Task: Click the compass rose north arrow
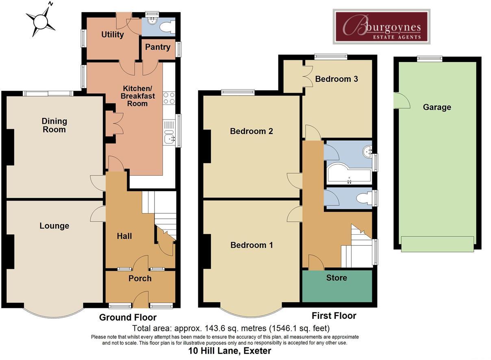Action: click(x=41, y=20)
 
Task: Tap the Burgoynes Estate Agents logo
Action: click(x=381, y=26)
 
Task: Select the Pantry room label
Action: click(x=158, y=47)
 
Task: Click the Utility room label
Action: click(x=112, y=35)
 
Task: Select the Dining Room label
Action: click(x=54, y=125)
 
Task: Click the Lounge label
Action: click(x=54, y=226)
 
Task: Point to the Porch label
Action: click(x=140, y=279)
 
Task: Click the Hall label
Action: click(x=124, y=236)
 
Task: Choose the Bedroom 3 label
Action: click(x=336, y=79)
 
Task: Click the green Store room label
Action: click(x=337, y=278)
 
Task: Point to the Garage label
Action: click(x=437, y=107)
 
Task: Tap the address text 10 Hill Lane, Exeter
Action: click(x=230, y=351)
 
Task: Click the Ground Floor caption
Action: click(x=128, y=318)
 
